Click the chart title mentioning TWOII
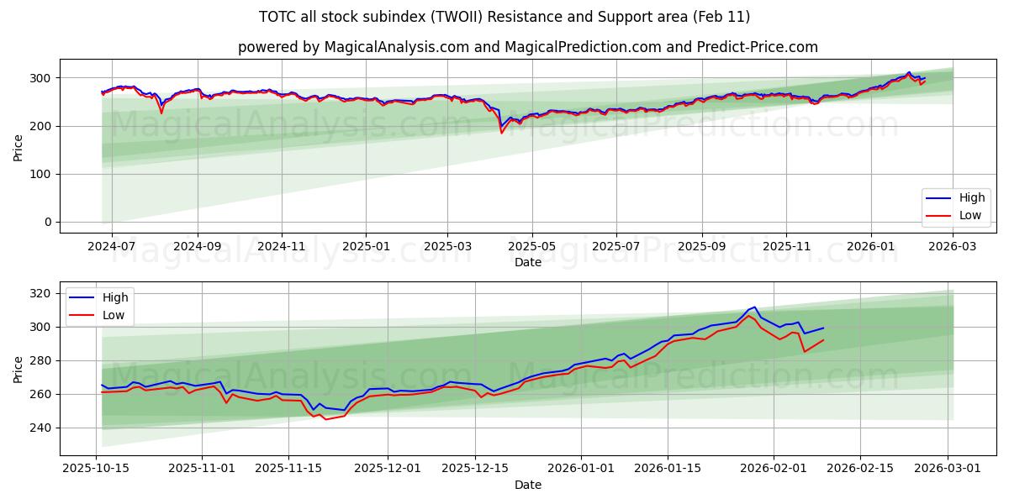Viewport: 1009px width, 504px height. point(504,17)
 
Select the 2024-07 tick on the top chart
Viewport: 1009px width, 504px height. point(111,247)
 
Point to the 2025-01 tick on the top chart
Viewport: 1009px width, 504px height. point(366,247)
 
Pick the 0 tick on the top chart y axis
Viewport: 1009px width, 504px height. point(48,222)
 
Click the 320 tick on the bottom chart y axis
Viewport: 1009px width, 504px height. point(40,293)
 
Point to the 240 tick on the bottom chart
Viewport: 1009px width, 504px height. point(40,428)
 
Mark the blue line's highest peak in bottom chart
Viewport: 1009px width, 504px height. point(754,307)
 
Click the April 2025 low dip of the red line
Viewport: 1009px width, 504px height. point(502,133)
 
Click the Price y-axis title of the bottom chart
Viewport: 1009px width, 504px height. point(18,369)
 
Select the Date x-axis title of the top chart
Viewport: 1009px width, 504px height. point(527,262)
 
